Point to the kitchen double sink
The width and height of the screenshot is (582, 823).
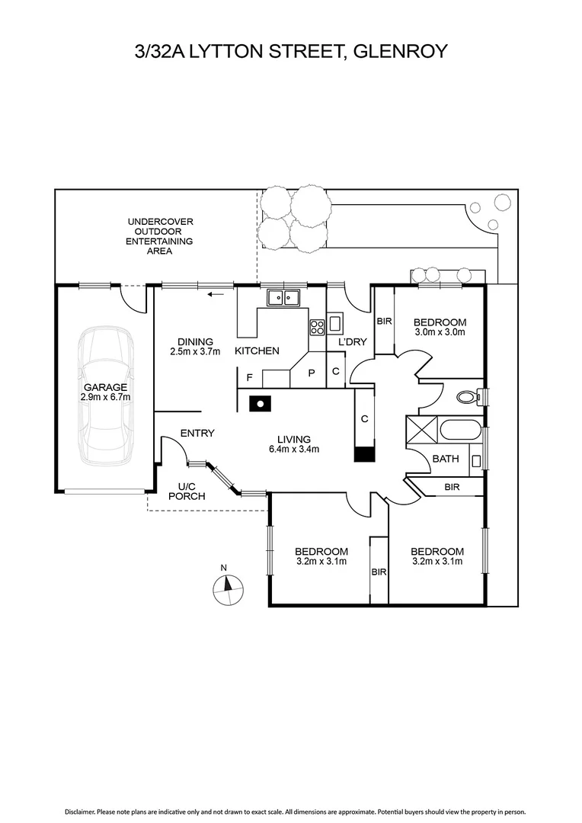286,297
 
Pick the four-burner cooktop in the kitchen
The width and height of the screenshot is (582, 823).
317,327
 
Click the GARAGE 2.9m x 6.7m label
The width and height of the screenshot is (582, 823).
106,392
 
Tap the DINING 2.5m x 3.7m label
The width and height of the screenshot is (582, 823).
194,347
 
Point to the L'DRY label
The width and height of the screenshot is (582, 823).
352,342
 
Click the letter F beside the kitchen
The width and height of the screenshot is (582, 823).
249,376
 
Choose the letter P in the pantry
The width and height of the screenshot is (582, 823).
312,373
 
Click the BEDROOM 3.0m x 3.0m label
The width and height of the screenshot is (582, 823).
440,327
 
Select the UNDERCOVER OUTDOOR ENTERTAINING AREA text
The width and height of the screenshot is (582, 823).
159,235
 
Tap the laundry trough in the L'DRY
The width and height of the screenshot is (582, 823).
336,321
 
